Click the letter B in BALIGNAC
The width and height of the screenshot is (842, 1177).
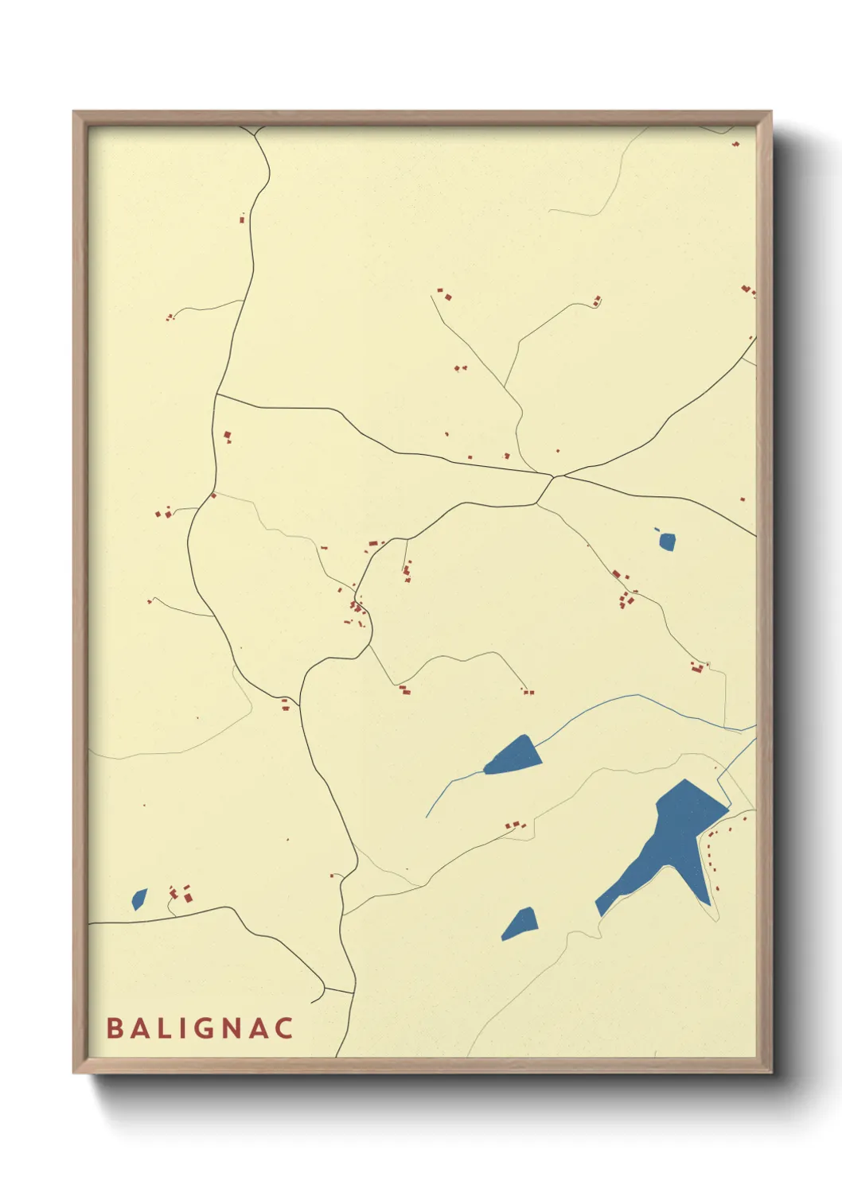(x=114, y=1027)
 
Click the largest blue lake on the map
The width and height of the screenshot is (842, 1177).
(x=669, y=843)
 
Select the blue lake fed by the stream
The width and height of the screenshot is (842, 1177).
(x=513, y=756)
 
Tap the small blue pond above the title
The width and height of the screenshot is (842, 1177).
(x=139, y=899)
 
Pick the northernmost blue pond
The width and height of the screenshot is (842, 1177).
(x=667, y=542)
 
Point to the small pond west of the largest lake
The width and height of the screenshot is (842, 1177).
(x=520, y=923)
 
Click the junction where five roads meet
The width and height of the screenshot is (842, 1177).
(x=554, y=477)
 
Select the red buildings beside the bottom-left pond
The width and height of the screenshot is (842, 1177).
(x=181, y=893)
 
